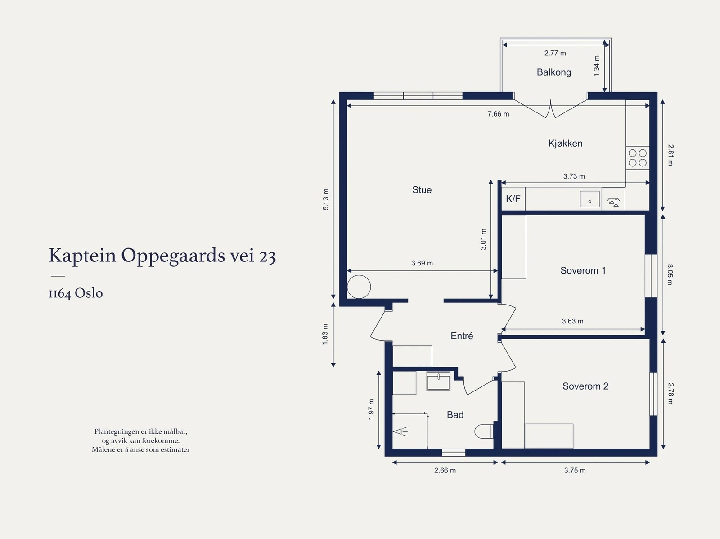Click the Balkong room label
pyautogui.click(x=553, y=72)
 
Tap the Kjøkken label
pyautogui.click(x=565, y=143)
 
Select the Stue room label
pyautogui.click(x=422, y=190)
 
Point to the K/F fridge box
pyautogui.click(x=513, y=199)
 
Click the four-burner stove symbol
pyautogui.click(x=637, y=158)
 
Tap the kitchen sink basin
pyautogui.click(x=589, y=199)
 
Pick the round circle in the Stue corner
pyautogui.click(x=359, y=287)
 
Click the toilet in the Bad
pyautogui.click(x=484, y=431)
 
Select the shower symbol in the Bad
pyautogui.click(x=400, y=431)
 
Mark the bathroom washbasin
pyautogui.click(x=438, y=381)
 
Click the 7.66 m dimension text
pyautogui.click(x=498, y=114)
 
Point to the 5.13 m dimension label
pyautogui.click(x=325, y=199)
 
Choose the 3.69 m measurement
pyautogui.click(x=422, y=263)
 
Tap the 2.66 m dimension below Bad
pyautogui.click(x=445, y=470)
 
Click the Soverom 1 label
pyautogui.click(x=583, y=270)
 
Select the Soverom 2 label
pyautogui.click(x=585, y=386)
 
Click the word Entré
pyautogui.click(x=462, y=336)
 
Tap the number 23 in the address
pyautogui.click(x=267, y=256)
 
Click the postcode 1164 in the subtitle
pyautogui.click(x=60, y=293)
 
